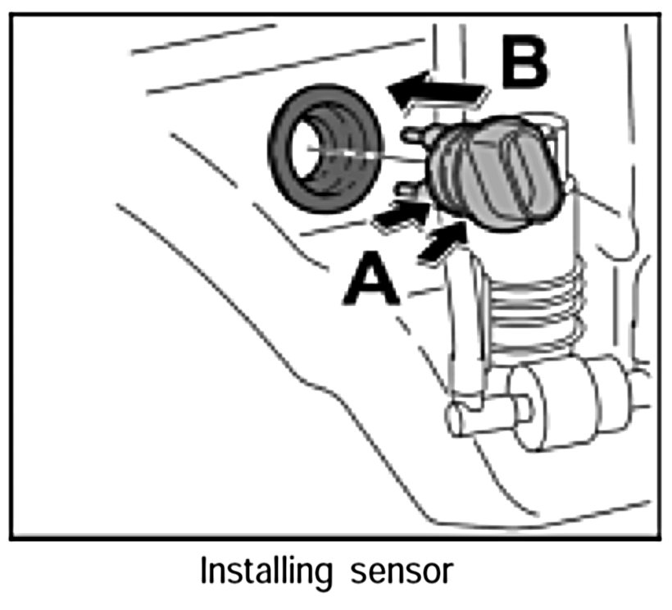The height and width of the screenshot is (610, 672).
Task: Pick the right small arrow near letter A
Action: pyautogui.click(x=443, y=244)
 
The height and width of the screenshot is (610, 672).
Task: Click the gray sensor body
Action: pyautogui.click(x=496, y=171)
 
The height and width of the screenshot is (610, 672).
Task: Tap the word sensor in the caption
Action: pyautogui.click(x=411, y=572)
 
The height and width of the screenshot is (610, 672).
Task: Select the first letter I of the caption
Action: pyautogui.click(x=204, y=571)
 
